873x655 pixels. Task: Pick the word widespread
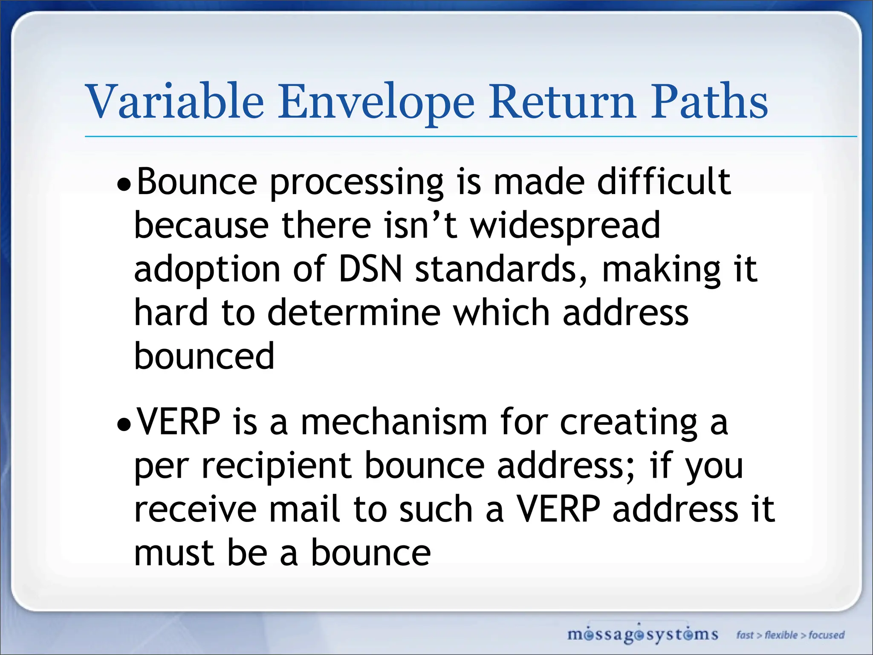point(565,226)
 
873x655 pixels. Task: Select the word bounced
point(204,356)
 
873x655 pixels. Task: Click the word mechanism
point(394,422)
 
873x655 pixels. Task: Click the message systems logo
point(642,635)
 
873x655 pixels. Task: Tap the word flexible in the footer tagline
point(781,635)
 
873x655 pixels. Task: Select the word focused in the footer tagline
point(827,635)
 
